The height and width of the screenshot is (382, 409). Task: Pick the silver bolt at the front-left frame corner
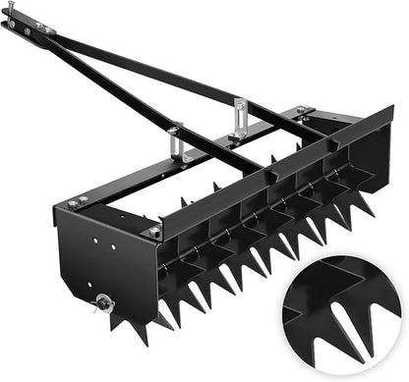[153, 231]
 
